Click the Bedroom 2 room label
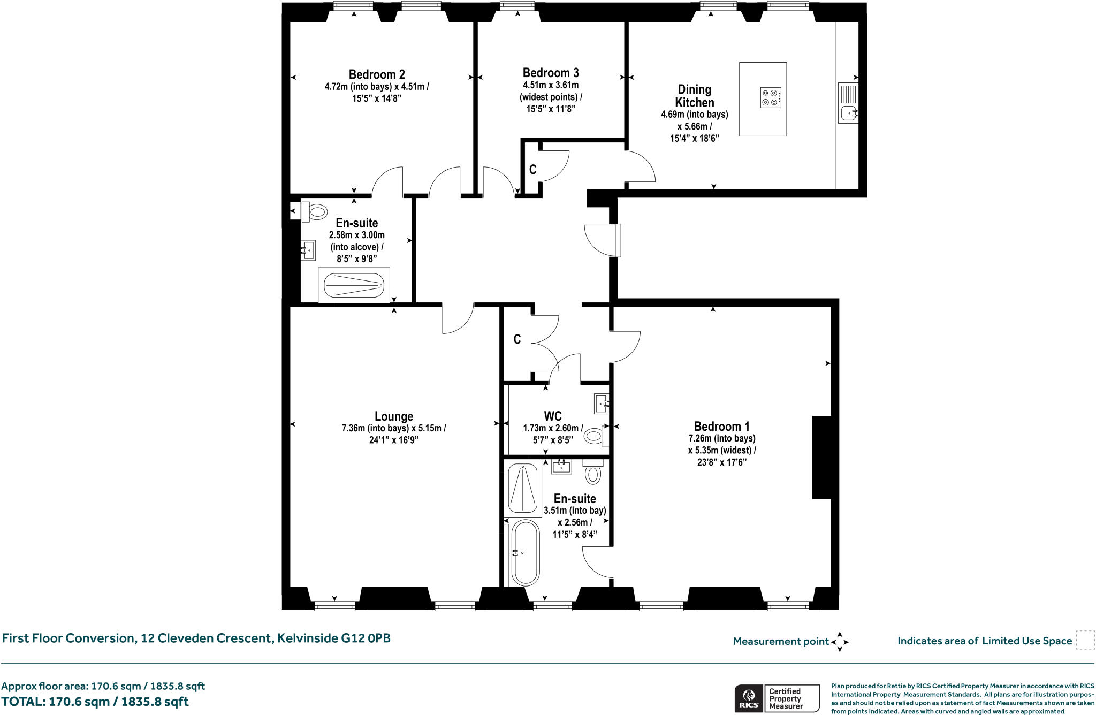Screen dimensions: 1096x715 (x=377, y=74)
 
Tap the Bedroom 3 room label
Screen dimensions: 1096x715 (x=551, y=73)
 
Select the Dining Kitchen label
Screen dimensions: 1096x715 (x=695, y=96)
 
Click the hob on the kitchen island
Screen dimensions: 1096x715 (x=771, y=97)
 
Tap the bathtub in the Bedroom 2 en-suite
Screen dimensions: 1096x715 (x=354, y=285)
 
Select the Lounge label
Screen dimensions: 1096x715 (x=394, y=416)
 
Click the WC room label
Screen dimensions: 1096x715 (x=553, y=416)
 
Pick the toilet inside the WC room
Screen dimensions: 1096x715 (x=596, y=436)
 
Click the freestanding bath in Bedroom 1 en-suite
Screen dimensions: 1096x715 (x=526, y=553)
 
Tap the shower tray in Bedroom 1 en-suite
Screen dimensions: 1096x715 (x=522, y=489)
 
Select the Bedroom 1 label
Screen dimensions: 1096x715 (x=721, y=427)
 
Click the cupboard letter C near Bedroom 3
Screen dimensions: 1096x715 (x=533, y=170)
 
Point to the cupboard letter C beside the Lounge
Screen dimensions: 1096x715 (x=517, y=339)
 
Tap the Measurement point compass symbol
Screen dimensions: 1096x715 (x=840, y=641)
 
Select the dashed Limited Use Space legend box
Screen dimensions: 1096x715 (x=1085, y=640)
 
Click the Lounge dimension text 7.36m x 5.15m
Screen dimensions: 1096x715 (x=394, y=428)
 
